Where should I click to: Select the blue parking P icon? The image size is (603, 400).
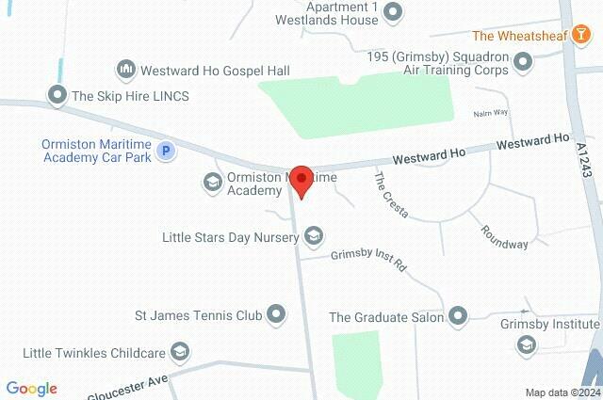point(165,151)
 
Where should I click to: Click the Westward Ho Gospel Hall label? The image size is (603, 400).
point(215,71)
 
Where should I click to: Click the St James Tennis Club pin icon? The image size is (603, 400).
point(276,314)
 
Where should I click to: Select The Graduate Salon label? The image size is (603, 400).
point(386,317)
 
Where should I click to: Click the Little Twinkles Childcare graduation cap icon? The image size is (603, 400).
point(181,353)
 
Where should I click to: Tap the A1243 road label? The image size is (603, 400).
point(583,161)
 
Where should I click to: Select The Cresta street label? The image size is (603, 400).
point(391,196)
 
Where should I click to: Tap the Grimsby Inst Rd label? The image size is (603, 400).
point(368,260)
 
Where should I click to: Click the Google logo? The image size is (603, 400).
point(31,389)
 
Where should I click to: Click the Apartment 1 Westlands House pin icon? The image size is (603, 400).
point(395,12)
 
